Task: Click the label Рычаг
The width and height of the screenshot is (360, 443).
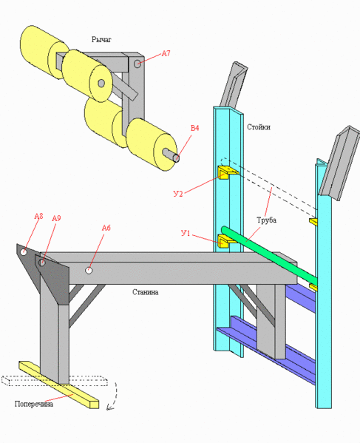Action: point(101,39)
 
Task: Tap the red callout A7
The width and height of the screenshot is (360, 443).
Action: point(166,53)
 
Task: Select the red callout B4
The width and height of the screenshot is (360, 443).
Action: point(195,128)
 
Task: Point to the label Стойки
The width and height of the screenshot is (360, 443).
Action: point(259,127)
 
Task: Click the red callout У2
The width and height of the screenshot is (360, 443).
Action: point(178,194)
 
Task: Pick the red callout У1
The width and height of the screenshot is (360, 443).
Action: point(186,233)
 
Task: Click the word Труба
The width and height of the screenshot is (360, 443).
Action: point(266,220)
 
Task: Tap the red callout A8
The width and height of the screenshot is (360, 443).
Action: point(38,217)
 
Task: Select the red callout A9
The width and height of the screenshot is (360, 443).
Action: point(56,218)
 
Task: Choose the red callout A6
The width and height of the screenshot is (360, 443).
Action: point(106,228)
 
